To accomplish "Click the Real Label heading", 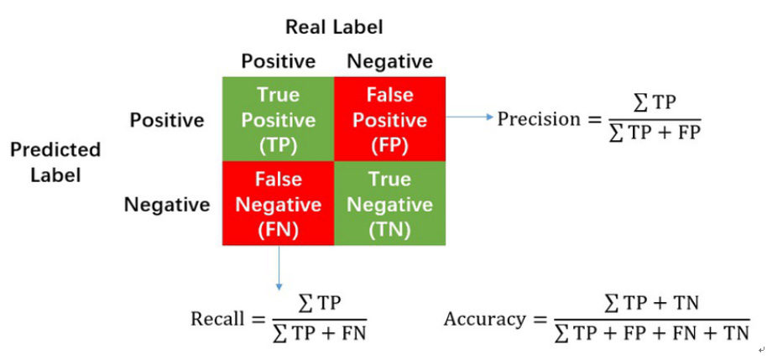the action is click(334, 27).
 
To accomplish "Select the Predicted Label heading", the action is click(55, 163).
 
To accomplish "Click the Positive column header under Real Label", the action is click(279, 61).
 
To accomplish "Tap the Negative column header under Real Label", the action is click(390, 61).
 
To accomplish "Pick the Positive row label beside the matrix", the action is click(167, 120).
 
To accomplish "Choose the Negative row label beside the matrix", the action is click(167, 205).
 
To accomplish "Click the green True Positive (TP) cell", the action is click(279, 119).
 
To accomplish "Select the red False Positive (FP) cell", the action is click(390, 119).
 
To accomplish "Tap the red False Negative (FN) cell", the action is click(279, 203).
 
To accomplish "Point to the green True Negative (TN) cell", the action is click(390, 203).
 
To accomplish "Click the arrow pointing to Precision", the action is click(470, 117).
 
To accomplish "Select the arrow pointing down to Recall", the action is click(279, 268).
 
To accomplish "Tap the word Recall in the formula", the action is click(217, 319).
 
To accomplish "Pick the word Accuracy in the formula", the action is click(484, 320).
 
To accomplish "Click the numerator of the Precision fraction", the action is click(655, 104).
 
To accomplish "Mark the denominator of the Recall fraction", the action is click(320, 333).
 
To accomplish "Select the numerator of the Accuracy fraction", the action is click(651, 305).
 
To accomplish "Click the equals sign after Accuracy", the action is click(540, 320).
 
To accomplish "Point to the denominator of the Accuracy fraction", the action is click(652, 333).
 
